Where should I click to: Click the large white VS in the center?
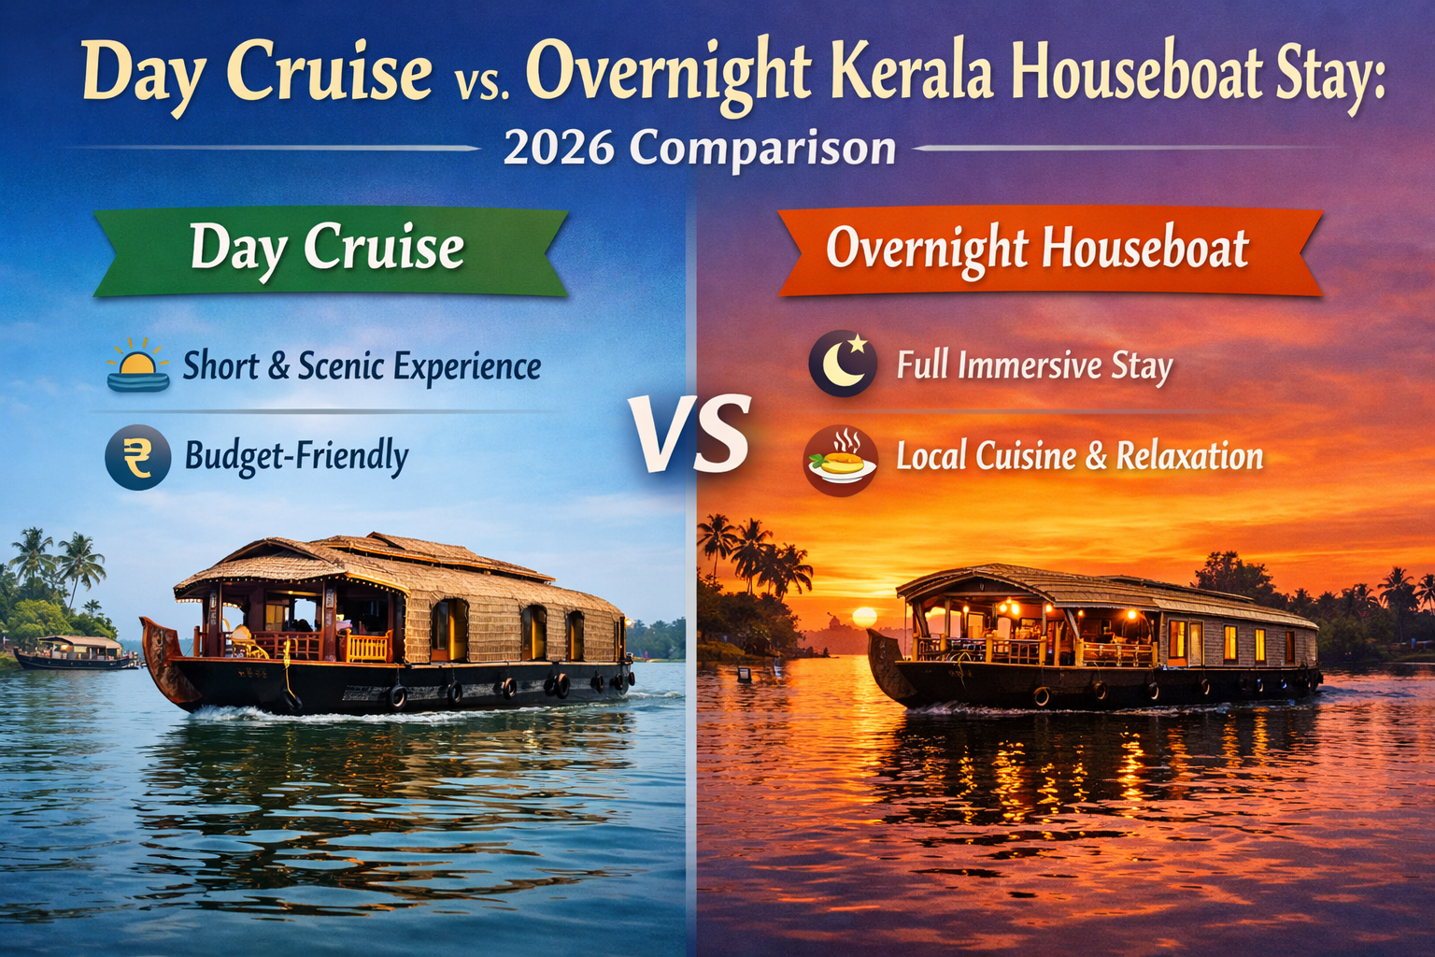691,435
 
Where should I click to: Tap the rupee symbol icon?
137,458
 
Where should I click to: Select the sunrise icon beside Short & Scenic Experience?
138,365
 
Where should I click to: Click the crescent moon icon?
843,364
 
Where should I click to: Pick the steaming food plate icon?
840,459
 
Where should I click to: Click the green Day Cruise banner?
329,250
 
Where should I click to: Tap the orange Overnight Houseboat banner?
1037,250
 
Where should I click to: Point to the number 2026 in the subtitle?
559,149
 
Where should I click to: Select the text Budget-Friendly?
296,457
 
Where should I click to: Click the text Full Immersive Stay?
1034,365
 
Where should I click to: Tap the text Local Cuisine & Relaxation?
1079,457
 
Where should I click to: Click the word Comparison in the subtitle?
762,149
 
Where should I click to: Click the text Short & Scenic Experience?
362,365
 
